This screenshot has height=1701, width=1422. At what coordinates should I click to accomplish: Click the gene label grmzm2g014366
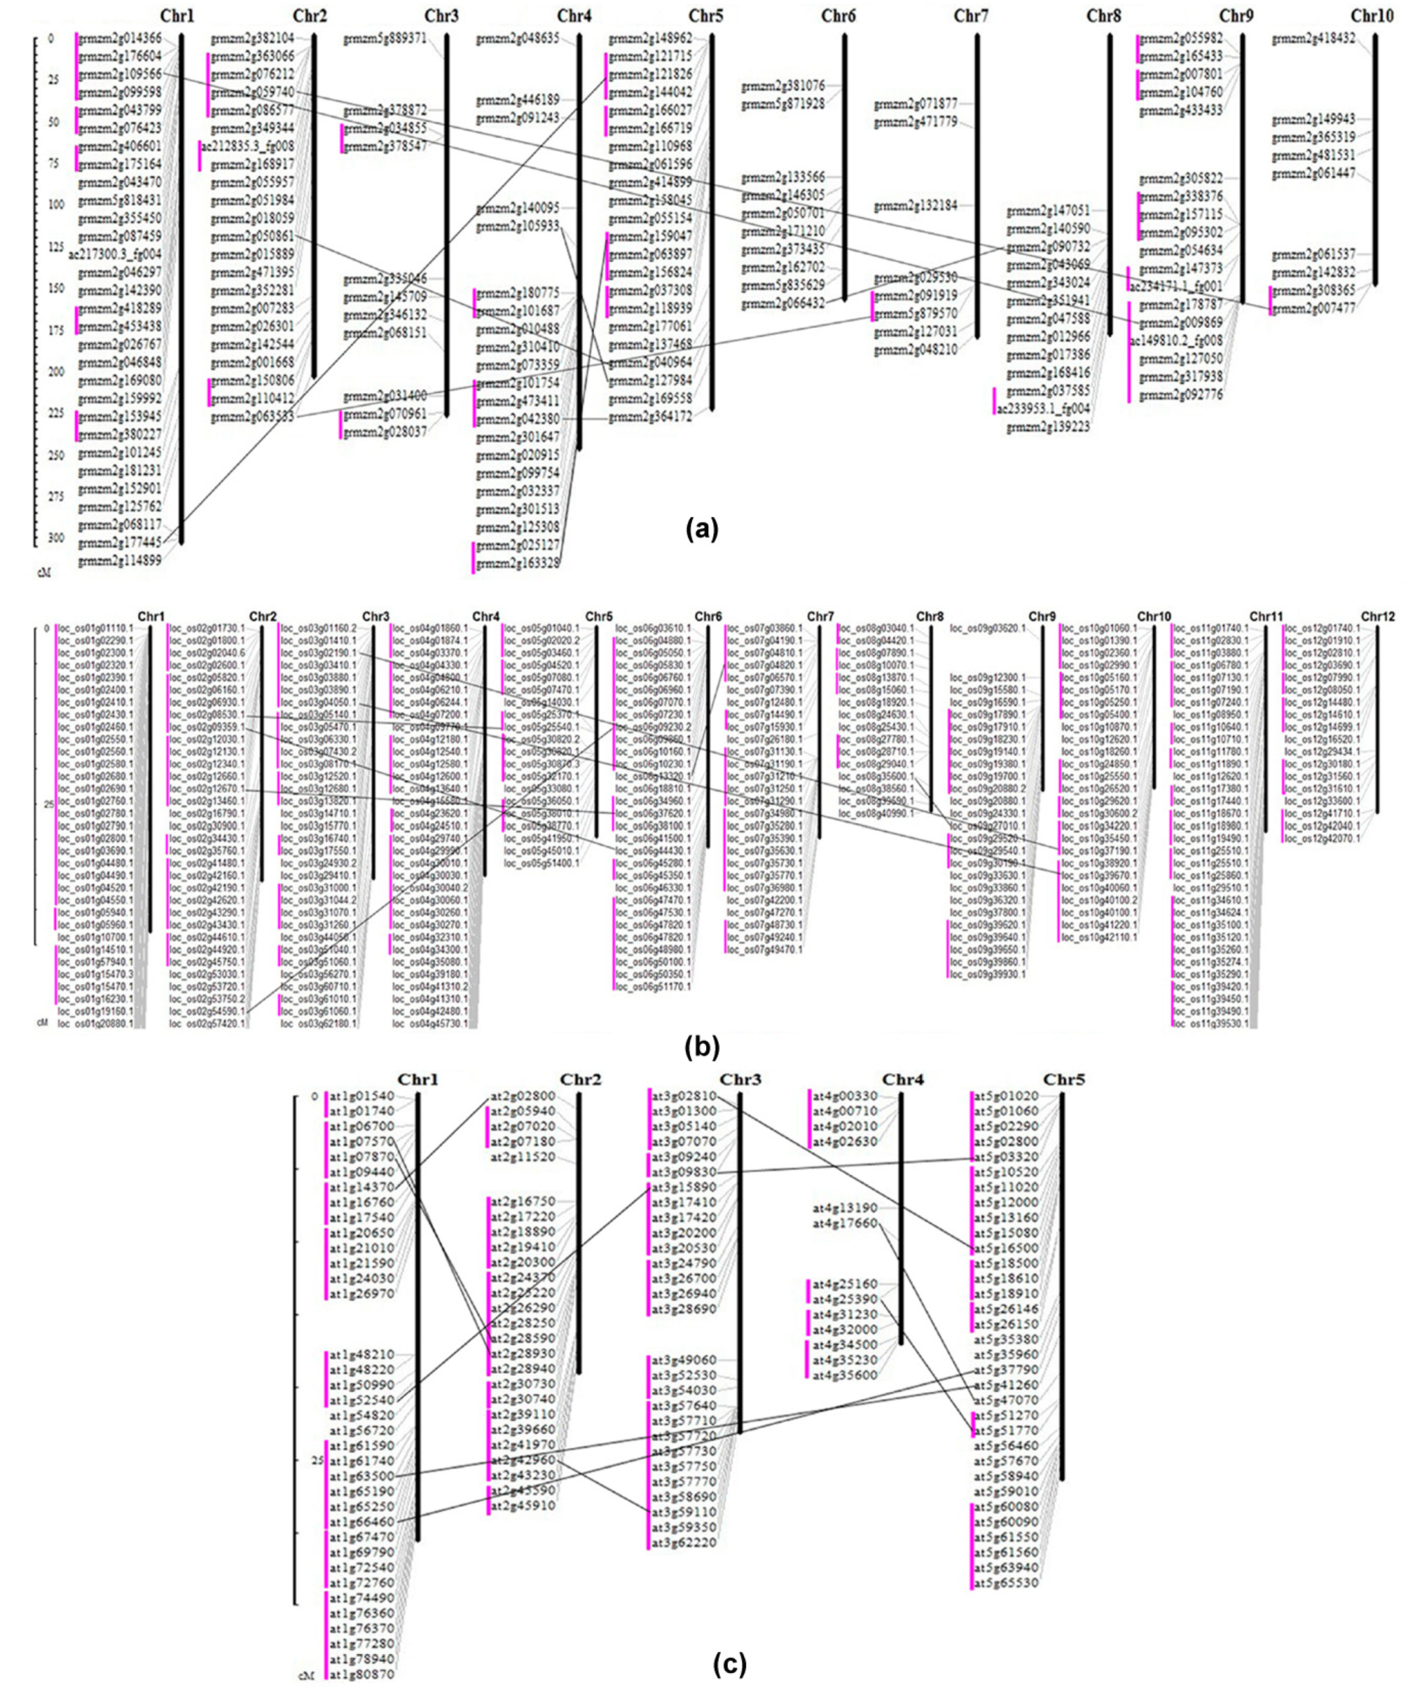point(120,38)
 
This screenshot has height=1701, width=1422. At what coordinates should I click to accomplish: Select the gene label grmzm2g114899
point(120,561)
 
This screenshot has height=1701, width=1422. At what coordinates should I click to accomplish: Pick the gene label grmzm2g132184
point(915,206)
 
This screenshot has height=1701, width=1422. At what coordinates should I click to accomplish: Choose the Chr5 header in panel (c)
point(1064,1079)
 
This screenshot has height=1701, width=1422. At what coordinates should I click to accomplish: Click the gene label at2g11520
point(523,1157)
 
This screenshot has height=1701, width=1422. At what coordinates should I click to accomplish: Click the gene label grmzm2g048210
point(915,349)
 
